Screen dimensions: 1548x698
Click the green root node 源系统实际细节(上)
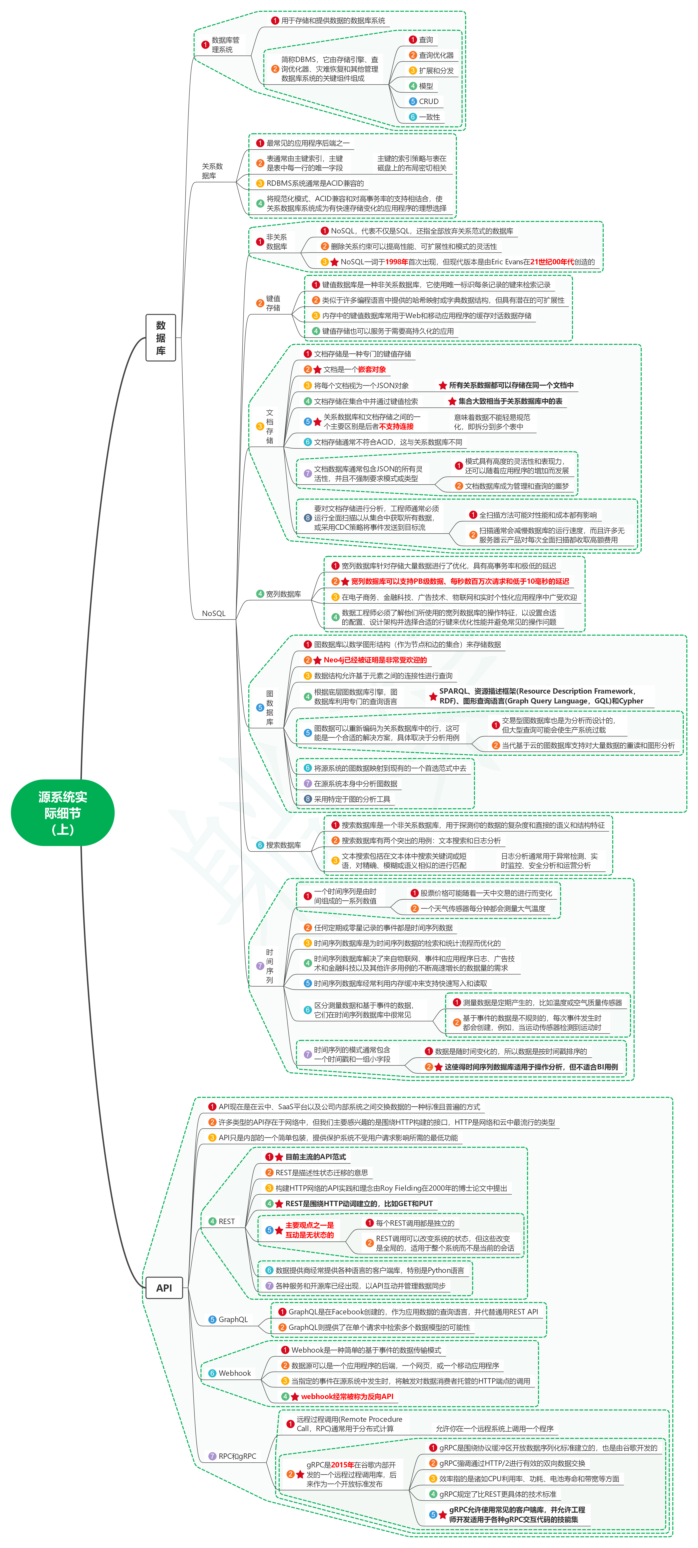coord(62,813)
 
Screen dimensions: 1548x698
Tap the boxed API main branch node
coord(164,1288)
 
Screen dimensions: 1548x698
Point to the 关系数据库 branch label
coord(212,171)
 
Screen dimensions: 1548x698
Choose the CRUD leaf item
coord(428,102)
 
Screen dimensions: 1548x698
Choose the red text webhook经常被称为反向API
coord(347,1397)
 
